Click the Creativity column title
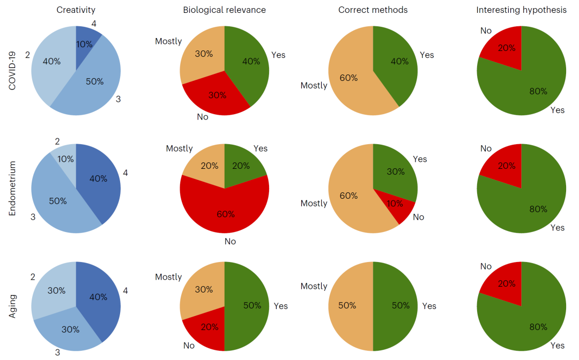pos(76,10)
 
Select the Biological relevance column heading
pos(224,10)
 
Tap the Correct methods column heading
pos(373,10)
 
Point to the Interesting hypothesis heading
pos(521,10)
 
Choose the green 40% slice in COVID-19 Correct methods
pos(399,62)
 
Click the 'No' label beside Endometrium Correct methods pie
pos(418,217)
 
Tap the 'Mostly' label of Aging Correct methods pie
pos(314,286)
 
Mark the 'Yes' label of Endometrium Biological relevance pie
pos(261,148)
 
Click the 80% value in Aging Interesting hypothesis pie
pos(538,327)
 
